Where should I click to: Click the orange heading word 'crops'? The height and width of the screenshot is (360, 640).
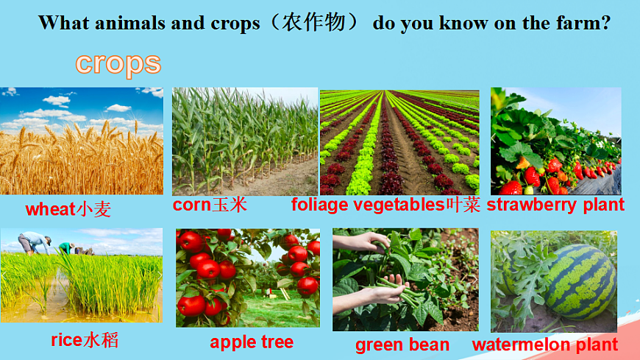[118, 63]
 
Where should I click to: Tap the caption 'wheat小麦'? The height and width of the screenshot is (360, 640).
[68, 210]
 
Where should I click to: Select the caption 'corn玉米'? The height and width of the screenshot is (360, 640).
[210, 205]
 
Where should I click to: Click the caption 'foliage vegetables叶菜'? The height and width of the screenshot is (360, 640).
[385, 205]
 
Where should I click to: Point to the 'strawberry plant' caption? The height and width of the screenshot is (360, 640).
[555, 205]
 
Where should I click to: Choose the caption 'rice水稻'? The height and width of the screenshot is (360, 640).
[85, 339]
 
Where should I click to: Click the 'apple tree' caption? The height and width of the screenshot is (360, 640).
[252, 342]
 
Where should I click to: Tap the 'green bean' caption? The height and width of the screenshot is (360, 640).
[402, 345]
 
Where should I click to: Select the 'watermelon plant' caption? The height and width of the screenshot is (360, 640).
[545, 344]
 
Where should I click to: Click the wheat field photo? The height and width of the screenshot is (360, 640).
[82, 141]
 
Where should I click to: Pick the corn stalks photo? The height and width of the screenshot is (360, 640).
[244, 141]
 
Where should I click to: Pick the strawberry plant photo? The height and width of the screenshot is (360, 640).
[555, 141]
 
